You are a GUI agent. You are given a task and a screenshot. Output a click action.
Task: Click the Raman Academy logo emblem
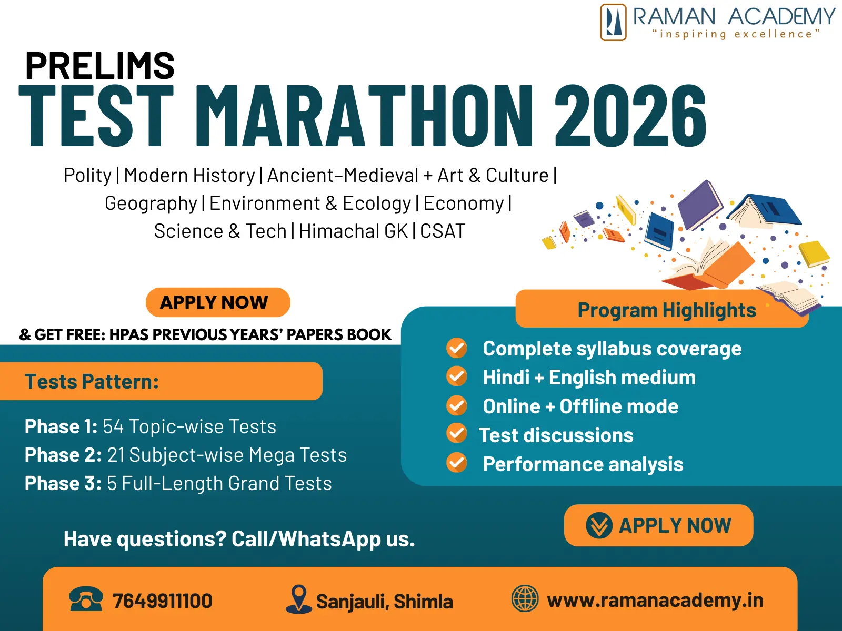pos(613,22)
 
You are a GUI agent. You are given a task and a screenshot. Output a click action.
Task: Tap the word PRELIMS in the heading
pos(100,66)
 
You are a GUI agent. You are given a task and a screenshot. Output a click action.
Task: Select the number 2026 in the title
pos(630,115)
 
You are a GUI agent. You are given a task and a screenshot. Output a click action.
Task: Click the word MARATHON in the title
pos(364,115)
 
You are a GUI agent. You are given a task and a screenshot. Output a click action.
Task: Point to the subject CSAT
pos(443,231)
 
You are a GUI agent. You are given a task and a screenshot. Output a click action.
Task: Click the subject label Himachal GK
pos(353,231)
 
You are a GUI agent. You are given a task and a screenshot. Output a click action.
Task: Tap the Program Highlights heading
pos(667,310)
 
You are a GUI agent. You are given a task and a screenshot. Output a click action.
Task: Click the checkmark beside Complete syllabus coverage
pos(456,348)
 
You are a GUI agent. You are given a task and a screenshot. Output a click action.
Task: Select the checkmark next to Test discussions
pos(456,434)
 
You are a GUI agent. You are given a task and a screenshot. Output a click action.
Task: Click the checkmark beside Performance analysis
pos(456,463)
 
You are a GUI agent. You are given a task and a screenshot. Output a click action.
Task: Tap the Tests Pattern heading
pos(92,382)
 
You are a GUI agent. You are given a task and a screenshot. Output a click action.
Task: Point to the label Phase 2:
pos(63,455)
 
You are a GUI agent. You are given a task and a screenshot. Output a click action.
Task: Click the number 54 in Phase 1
pos(113,426)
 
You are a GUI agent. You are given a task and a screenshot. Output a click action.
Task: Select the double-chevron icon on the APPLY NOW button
pos(599,525)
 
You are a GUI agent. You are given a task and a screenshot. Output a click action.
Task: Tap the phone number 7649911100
pos(162,601)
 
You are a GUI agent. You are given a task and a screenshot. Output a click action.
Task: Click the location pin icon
pos(298,599)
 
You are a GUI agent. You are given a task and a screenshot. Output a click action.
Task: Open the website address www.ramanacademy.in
pos(655,601)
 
